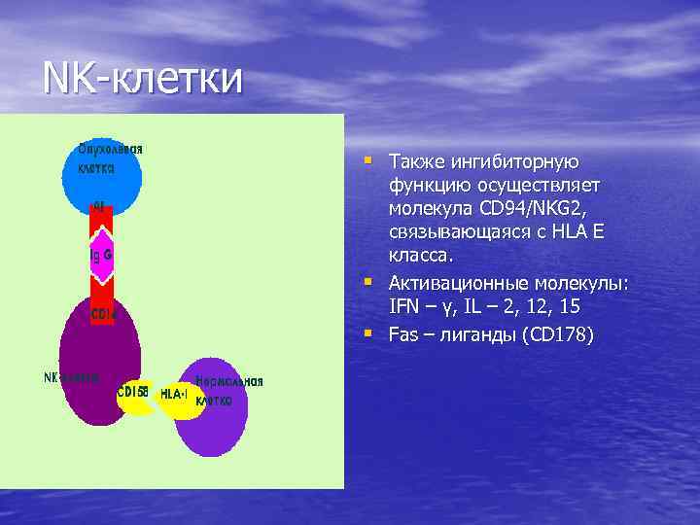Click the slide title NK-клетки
[x=142, y=78]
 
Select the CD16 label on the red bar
[x=103, y=315]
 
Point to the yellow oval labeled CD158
[x=133, y=394]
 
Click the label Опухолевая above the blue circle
[x=111, y=149]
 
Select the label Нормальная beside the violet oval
[x=228, y=381]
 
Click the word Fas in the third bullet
[x=402, y=334]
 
